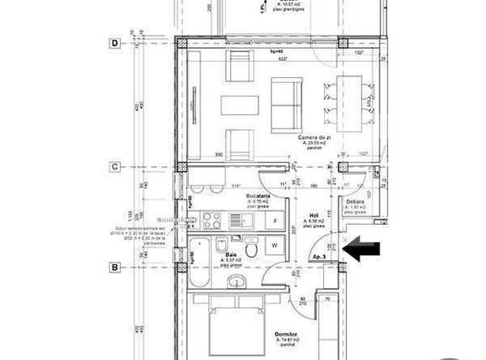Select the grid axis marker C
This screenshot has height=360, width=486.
114,166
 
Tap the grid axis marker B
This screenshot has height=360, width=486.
114,268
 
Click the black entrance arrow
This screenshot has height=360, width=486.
363,249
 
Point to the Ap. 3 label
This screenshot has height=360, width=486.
320,256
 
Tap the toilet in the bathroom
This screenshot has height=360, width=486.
221,246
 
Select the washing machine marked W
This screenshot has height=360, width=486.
275,246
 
